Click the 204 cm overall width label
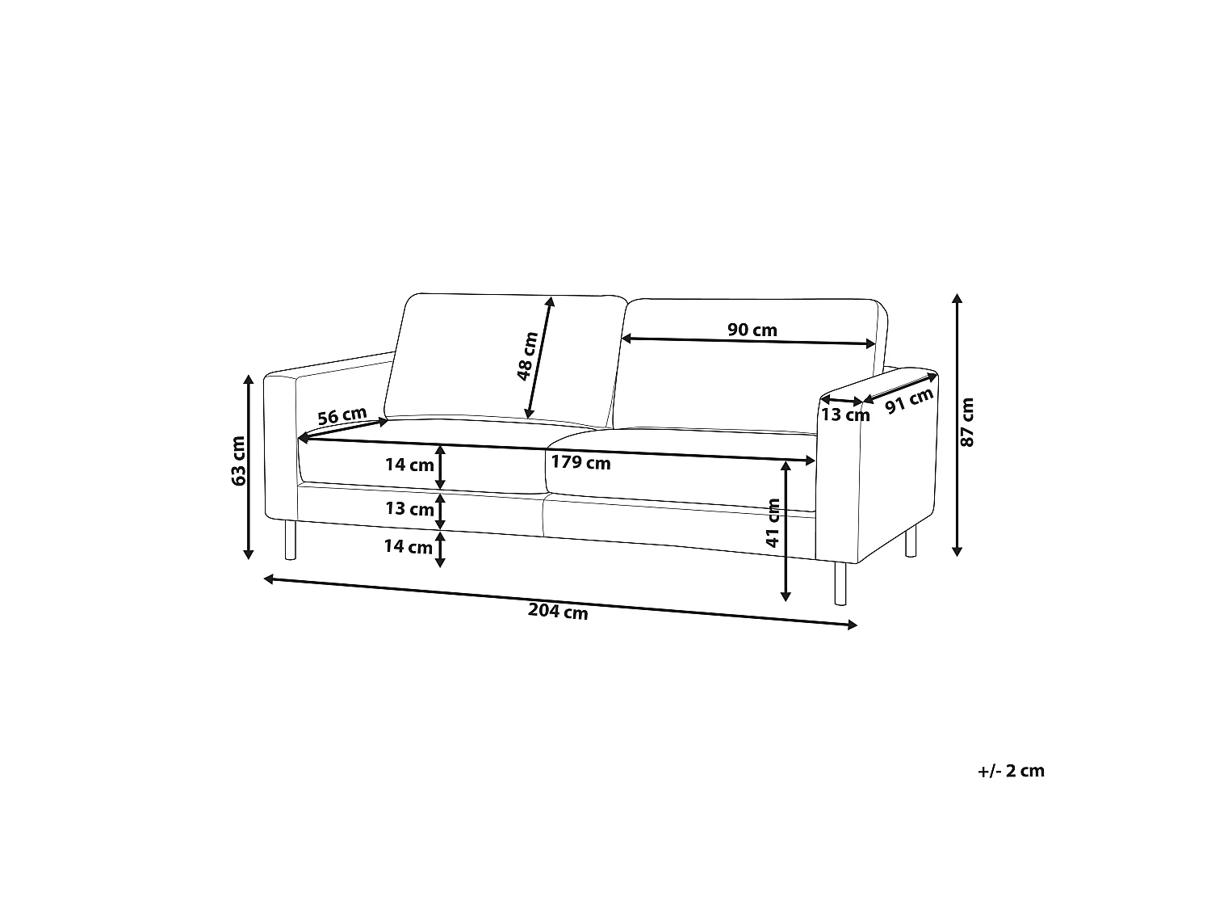point(558,612)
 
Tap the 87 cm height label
point(967,423)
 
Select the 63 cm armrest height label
point(238,461)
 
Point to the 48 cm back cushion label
point(527,356)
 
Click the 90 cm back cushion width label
point(752,330)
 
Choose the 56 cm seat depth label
point(342,415)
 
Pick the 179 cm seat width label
point(580,462)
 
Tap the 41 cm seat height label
point(773,523)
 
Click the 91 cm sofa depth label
point(909,401)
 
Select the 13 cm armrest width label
point(845,415)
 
